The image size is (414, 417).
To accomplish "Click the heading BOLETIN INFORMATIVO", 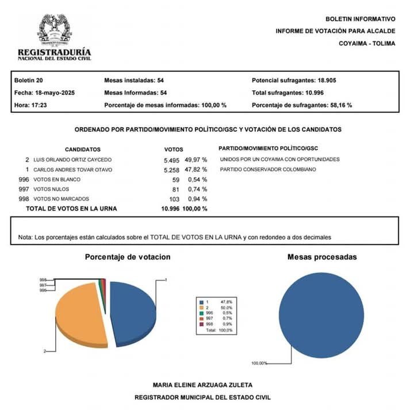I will coord(360,19).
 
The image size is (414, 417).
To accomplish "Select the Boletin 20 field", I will coord(28,80).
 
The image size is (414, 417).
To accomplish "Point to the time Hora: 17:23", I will coord(30,105).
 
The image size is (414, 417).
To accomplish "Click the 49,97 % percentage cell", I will coord(195,159).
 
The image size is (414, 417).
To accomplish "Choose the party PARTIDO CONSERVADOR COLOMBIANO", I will coord(268,170).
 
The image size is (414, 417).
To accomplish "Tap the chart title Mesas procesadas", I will coord(321,257).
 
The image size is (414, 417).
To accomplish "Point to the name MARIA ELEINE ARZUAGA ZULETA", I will coord(202,385).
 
